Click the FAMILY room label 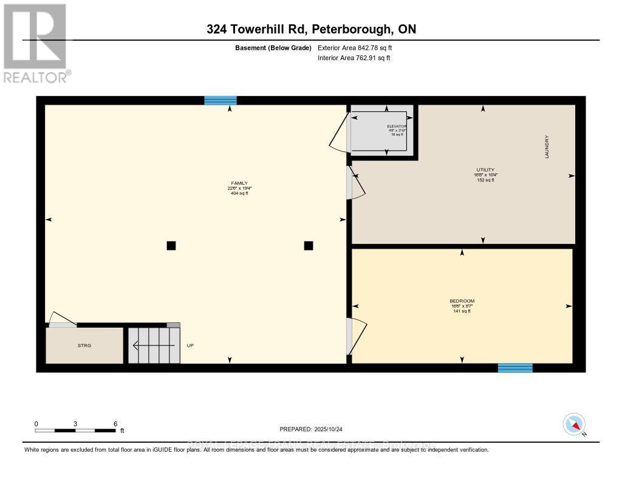[238, 183]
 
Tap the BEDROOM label [462, 301]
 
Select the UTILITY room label [485, 170]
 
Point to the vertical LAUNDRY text [547, 147]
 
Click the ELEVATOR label [396, 126]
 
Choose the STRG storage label [84, 345]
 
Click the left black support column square [171, 246]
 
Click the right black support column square [309, 246]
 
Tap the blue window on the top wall [220, 100]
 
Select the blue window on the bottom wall [515, 367]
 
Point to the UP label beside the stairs [190, 345]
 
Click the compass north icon [574, 424]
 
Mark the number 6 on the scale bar [115, 423]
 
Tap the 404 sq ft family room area [239, 193]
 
